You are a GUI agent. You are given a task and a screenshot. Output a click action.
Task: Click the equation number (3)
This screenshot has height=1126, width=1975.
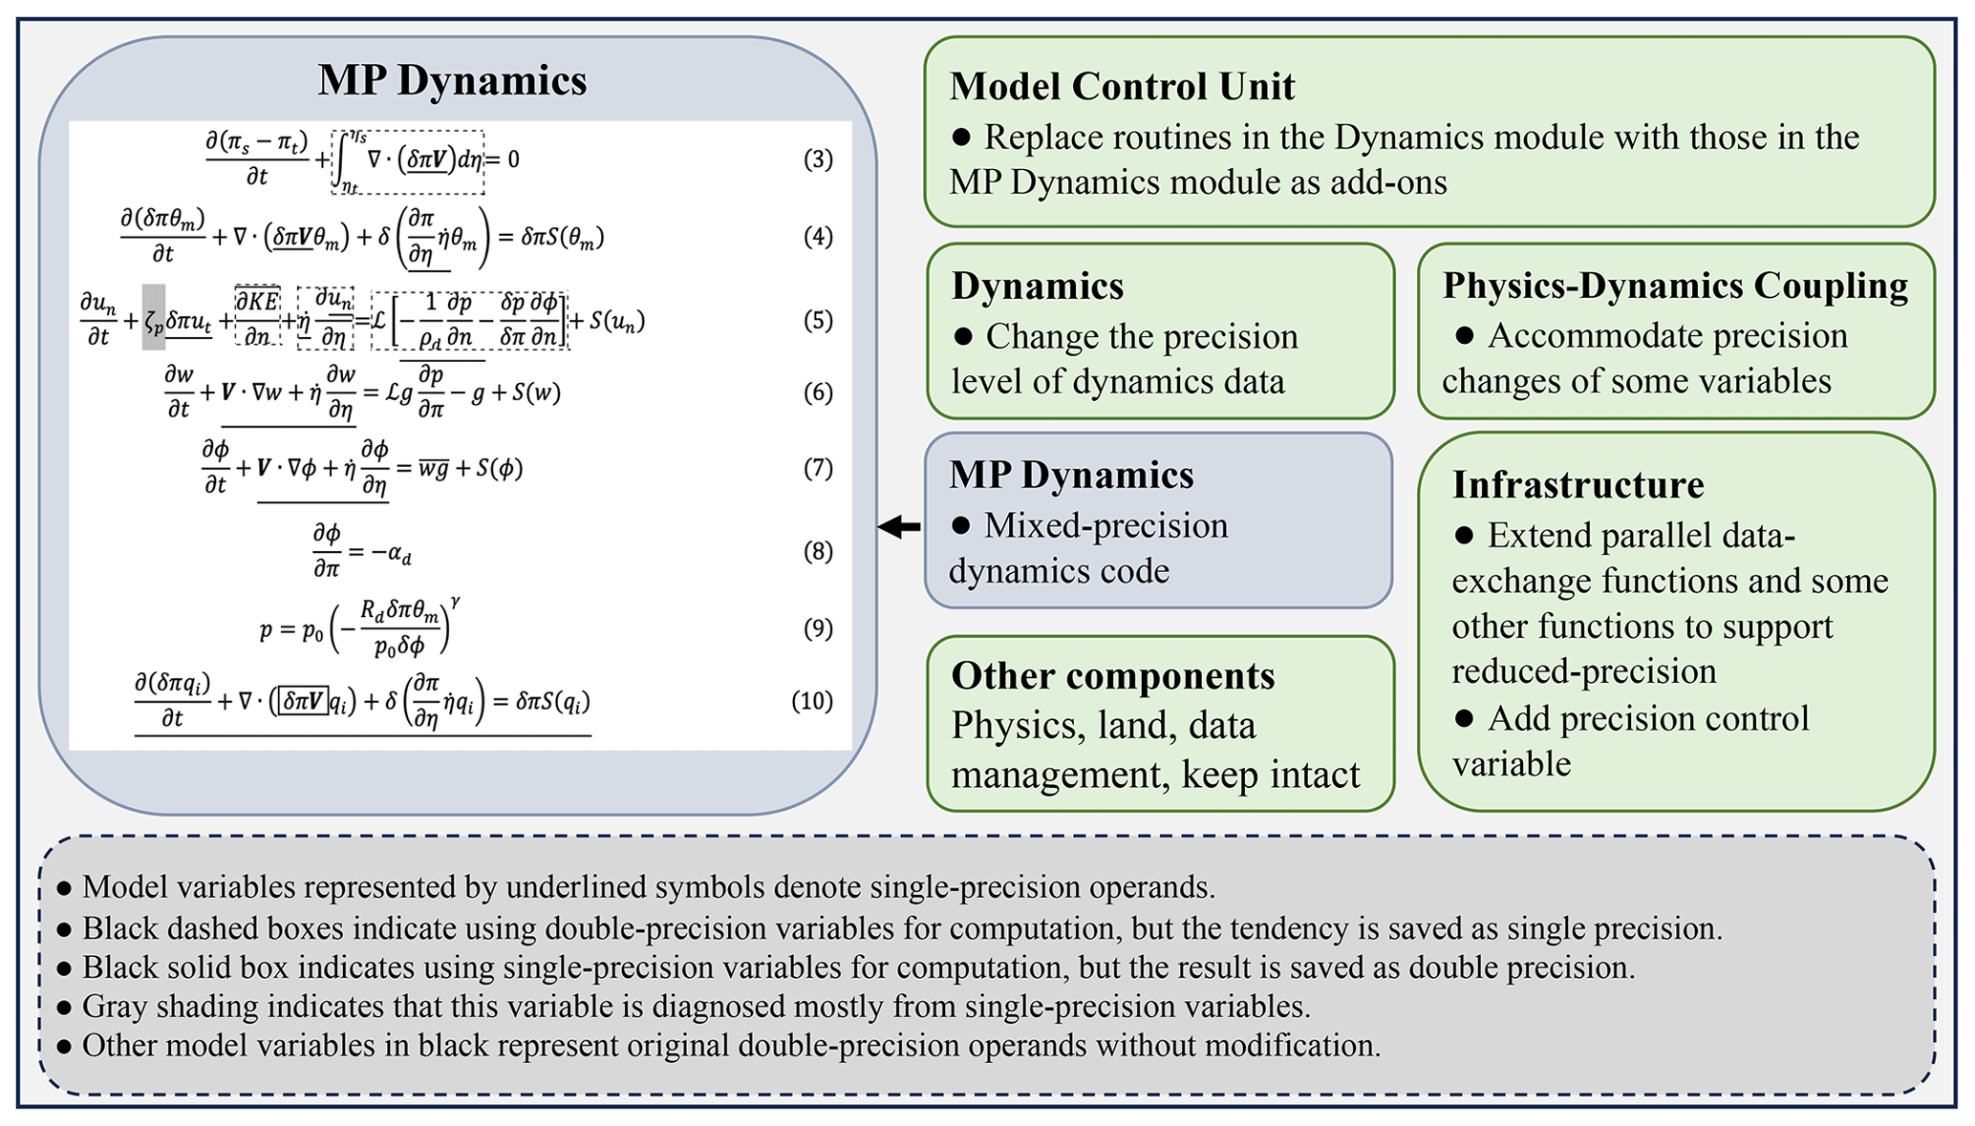click(x=818, y=159)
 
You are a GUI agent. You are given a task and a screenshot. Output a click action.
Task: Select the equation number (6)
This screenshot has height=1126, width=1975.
click(x=818, y=393)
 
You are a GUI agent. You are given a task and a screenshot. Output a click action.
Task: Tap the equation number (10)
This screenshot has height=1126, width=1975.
click(x=812, y=701)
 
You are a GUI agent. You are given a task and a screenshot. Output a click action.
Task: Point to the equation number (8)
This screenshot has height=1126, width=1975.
click(x=818, y=552)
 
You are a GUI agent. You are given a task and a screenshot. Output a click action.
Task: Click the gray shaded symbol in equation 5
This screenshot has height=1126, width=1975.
click(x=154, y=318)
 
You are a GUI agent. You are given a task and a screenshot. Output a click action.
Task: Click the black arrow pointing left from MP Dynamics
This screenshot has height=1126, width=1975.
click(x=899, y=526)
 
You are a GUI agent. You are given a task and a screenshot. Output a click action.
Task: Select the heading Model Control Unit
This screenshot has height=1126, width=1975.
click(x=1122, y=86)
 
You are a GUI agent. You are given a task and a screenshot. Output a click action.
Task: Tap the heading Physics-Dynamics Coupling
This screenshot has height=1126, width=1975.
click(x=1675, y=286)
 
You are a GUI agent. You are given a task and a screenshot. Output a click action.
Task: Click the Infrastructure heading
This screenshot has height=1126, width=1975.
click(x=1578, y=484)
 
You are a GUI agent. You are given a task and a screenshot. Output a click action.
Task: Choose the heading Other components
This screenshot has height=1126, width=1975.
click(x=1112, y=675)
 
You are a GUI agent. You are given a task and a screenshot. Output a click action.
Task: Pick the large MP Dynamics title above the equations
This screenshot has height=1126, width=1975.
click(x=452, y=80)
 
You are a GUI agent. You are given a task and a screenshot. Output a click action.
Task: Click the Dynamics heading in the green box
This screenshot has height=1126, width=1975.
click(x=1037, y=286)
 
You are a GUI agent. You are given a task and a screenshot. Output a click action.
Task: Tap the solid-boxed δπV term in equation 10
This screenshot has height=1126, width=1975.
click(x=303, y=701)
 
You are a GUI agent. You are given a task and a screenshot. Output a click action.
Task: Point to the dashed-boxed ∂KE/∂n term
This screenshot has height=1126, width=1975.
click(x=257, y=317)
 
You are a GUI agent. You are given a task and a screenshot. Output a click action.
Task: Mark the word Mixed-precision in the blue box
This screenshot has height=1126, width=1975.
click(x=1106, y=525)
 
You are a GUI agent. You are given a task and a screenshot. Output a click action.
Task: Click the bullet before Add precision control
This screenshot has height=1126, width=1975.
click(x=1463, y=718)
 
